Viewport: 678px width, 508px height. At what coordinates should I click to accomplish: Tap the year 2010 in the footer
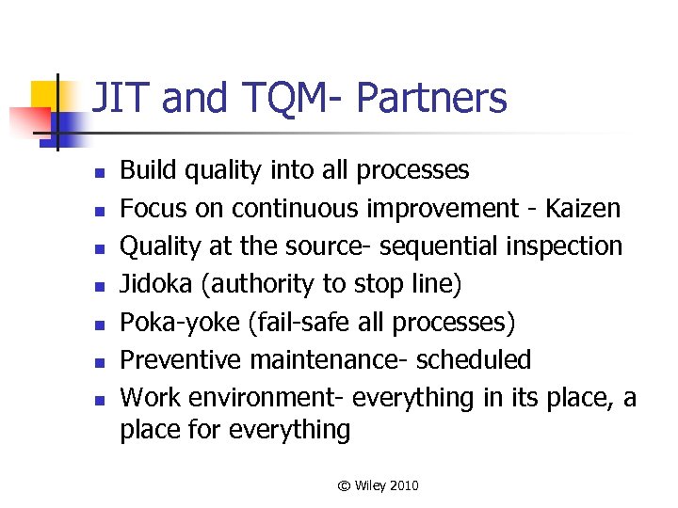403,486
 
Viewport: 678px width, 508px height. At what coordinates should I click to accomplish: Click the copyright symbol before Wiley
344,486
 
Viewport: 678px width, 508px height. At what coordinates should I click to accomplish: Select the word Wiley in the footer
370,486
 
